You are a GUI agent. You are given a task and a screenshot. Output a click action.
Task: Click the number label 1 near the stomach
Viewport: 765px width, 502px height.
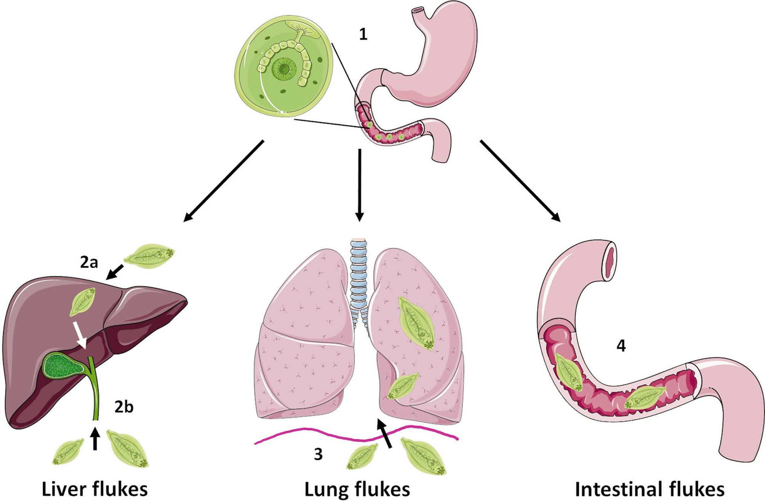363,35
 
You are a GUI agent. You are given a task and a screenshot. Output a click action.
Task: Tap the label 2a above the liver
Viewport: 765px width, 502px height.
89,262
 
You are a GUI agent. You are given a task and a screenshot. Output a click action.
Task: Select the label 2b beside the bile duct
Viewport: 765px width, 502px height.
124,407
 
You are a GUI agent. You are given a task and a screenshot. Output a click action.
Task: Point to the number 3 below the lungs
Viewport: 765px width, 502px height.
318,454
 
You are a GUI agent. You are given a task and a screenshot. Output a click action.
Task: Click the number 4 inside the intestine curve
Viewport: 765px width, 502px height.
621,346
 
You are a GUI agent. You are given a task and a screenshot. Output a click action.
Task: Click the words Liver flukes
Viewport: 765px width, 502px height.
94,489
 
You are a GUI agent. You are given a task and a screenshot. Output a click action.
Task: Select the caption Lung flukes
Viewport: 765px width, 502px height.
357,489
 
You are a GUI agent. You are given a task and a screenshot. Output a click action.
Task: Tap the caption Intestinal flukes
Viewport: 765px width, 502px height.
650,489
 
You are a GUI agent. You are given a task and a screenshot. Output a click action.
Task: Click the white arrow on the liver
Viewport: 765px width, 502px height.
81,335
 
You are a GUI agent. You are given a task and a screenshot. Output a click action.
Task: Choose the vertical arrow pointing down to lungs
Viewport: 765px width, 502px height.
359,185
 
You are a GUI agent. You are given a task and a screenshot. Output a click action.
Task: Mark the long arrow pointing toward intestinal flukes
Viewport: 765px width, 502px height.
520,181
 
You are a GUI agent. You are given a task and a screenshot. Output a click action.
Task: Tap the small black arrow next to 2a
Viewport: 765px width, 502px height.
115,272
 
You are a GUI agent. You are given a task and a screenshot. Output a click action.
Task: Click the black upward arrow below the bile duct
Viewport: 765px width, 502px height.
95,439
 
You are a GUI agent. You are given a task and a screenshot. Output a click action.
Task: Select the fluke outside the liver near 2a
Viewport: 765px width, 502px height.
149,256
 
